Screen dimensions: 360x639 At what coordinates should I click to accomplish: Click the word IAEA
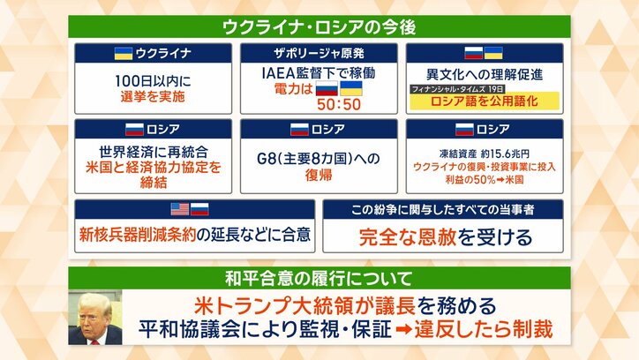coord(283,71)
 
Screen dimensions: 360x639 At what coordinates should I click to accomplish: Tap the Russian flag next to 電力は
coord(327,89)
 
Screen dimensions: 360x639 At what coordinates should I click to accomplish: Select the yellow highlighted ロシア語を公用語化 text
coord(471,102)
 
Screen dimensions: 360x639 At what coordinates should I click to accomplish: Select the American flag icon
coord(179,210)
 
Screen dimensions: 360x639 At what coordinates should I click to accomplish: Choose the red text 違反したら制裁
coord(500,330)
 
